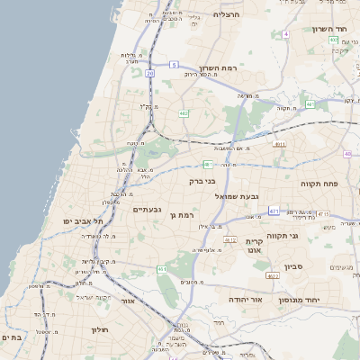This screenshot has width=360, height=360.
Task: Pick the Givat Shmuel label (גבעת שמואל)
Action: [x=236, y=195]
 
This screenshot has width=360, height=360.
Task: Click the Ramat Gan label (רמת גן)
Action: [x=183, y=215]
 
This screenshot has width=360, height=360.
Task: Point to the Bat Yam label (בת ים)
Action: [x=11, y=337]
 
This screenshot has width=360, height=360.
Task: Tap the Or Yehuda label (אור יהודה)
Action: [x=243, y=298]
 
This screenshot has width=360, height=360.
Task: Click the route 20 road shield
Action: [x=150, y=73]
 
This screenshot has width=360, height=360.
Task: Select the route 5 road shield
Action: [x=174, y=65]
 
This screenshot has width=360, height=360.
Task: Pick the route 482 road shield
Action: [x=184, y=113]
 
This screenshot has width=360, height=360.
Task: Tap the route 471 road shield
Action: [x=274, y=211]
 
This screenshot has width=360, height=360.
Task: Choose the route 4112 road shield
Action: [x=230, y=240]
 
